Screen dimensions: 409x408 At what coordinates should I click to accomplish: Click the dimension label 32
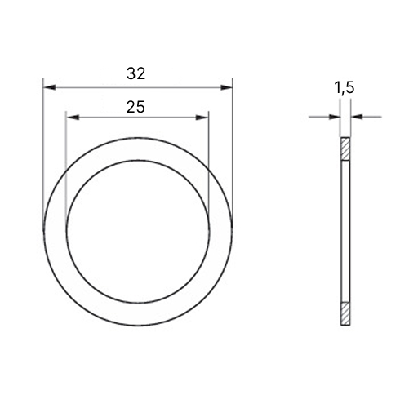pos(136,73)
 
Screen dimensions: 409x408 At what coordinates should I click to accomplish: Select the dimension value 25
pos(136,107)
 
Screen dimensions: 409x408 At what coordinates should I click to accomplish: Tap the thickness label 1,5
pos(344,88)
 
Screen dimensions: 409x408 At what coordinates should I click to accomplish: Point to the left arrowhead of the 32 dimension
pos(50,87)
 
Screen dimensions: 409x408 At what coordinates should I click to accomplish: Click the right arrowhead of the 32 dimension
pos(226,87)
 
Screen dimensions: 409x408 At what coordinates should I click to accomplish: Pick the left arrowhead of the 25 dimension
pos(73,118)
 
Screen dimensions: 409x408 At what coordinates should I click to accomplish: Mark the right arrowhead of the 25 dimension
pos(202,118)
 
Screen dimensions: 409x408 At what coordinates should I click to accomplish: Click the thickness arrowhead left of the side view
pos(335,117)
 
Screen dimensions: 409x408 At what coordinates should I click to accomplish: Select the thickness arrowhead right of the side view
pos(357,117)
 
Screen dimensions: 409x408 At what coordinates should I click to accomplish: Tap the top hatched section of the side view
pos(345,149)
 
